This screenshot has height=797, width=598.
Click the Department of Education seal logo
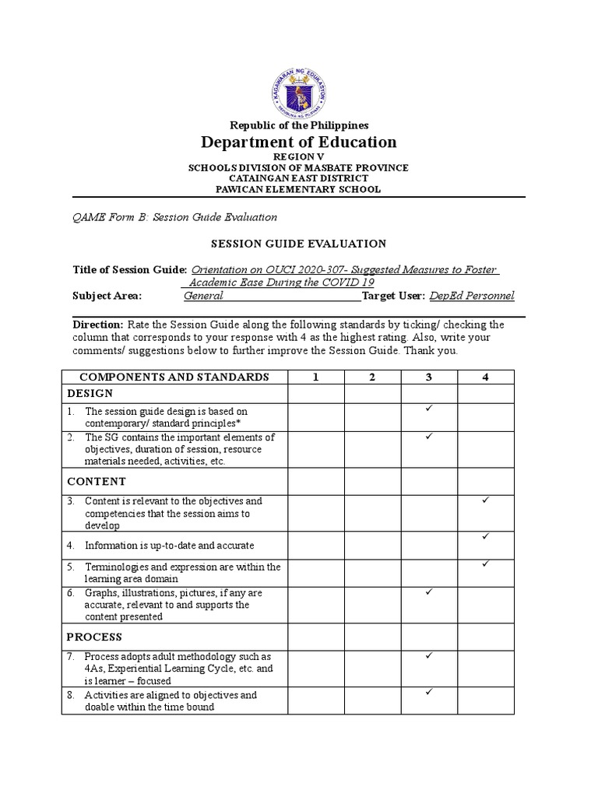coord(299,92)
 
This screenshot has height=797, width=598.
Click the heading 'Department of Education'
coord(299,142)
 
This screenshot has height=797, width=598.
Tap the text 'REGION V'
coord(299,156)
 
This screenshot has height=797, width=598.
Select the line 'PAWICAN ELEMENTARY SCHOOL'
coord(299,189)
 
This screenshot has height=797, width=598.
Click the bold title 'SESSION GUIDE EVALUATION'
coord(299,244)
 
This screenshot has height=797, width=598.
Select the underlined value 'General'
coord(203,296)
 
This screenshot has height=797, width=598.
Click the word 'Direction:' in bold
coord(97,325)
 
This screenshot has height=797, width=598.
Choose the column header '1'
coord(316,377)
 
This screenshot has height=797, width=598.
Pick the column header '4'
coord(486,377)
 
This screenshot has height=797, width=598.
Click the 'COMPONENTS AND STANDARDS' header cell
coord(174,377)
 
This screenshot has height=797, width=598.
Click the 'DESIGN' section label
coord(90,393)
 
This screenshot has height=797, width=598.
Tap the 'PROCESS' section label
coord(95,637)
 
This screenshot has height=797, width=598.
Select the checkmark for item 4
coord(485,536)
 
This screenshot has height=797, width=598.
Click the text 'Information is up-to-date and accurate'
coord(169,546)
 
